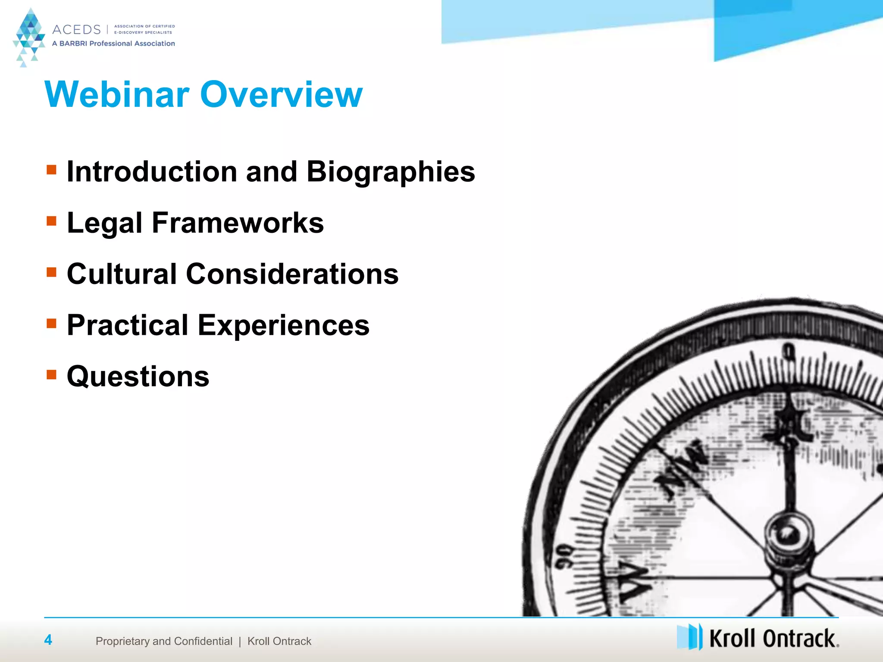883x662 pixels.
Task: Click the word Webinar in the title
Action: (x=116, y=94)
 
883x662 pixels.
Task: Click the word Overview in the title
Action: (x=281, y=94)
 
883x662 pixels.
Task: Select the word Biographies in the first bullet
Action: (x=391, y=172)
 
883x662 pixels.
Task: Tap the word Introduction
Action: (x=152, y=172)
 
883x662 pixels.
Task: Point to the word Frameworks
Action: (x=238, y=223)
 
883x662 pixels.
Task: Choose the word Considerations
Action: (x=292, y=274)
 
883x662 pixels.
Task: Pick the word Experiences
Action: (x=283, y=325)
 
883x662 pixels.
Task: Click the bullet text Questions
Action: (x=138, y=377)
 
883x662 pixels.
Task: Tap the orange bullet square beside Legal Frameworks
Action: (x=51, y=221)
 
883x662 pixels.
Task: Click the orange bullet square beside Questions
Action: (x=51, y=374)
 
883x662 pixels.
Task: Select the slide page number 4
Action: (x=48, y=640)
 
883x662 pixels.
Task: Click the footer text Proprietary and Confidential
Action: (x=164, y=641)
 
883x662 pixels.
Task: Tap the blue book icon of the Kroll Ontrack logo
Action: (x=689, y=637)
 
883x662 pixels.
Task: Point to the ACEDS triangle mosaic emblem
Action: (x=29, y=37)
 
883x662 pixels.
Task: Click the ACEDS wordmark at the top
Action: (x=76, y=30)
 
